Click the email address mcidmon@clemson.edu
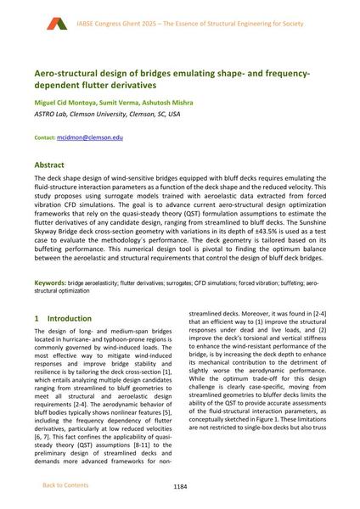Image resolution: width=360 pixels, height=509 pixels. tap(92, 136)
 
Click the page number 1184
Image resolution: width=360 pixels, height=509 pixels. tap(180, 486)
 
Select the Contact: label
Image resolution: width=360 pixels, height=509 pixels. tap(44, 136)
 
